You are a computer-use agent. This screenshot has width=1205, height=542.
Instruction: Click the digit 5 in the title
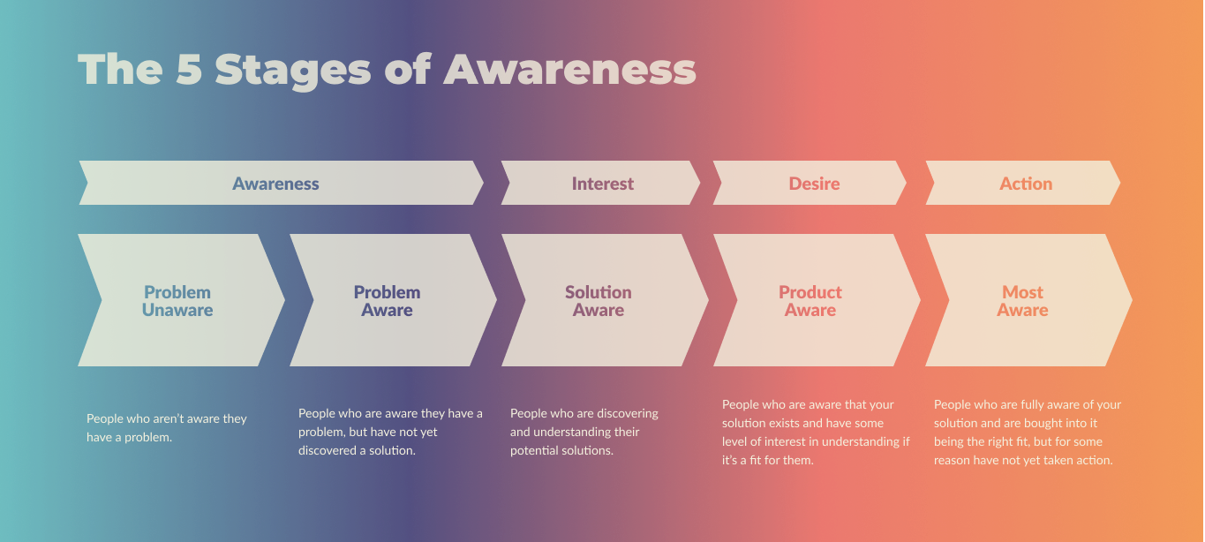[x=189, y=69]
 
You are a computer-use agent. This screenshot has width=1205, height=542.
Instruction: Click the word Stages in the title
[x=293, y=72]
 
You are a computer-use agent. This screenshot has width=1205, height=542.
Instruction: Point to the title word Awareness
[x=569, y=69]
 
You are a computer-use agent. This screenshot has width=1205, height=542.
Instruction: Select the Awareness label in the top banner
[x=275, y=184]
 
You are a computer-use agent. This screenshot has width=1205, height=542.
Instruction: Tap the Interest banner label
[x=602, y=184]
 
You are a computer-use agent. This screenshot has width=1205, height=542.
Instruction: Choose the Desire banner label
[x=814, y=184]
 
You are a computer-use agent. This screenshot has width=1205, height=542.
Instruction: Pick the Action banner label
[x=1026, y=184]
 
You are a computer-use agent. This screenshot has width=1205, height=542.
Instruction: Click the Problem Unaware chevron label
[x=177, y=301]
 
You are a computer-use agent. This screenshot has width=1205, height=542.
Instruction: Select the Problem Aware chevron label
[x=387, y=301]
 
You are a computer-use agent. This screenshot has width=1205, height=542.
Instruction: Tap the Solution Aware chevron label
[x=599, y=301]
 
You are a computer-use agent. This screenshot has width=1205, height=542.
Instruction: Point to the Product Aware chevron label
[x=810, y=301]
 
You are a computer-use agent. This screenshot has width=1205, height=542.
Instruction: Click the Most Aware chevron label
[x=1022, y=301]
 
